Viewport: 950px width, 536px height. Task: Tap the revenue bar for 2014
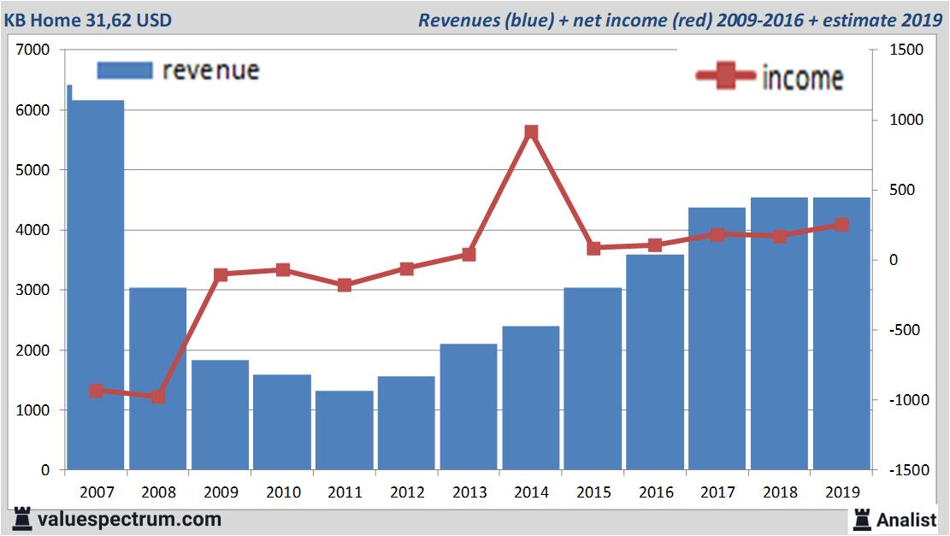click(531, 398)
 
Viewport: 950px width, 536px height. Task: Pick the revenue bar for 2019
click(841, 333)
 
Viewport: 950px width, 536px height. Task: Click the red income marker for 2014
click(531, 133)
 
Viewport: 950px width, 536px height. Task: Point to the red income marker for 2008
click(158, 397)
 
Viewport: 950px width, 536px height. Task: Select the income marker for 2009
click(221, 275)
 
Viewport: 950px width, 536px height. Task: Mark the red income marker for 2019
click(841, 225)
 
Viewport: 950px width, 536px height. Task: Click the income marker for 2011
click(345, 285)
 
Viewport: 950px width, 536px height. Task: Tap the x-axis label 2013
click(469, 492)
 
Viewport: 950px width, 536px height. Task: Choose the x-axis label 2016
click(655, 492)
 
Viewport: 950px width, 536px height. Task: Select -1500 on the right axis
click(906, 470)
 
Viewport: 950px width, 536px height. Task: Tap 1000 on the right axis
click(906, 121)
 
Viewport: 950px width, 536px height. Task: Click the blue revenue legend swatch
click(125, 70)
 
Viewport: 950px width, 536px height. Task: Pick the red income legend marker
click(726, 77)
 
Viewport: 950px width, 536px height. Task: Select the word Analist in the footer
click(906, 519)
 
